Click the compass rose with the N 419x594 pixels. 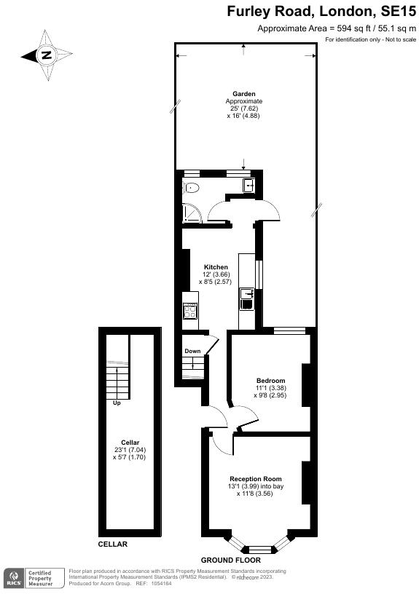tap(47, 55)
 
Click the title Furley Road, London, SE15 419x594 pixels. tap(321, 11)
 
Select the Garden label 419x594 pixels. tap(243, 94)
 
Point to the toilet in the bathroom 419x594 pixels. tap(190, 189)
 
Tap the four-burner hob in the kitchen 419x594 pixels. tap(190, 312)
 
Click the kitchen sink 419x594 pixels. tap(247, 294)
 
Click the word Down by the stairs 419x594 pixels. tap(192, 351)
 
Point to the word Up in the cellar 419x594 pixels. tap(116, 402)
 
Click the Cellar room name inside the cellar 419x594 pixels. tap(130, 443)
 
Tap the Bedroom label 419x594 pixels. tap(270, 381)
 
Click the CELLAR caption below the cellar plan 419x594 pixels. tap(113, 544)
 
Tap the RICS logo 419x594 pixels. tap(12, 579)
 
